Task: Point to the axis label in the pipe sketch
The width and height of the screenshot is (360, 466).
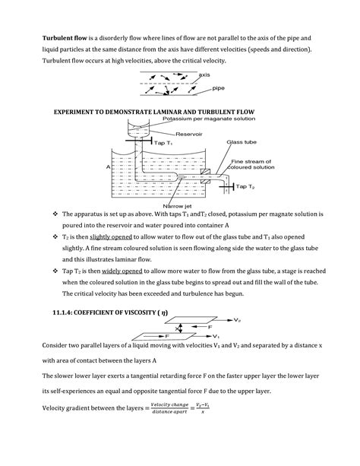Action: (x=204, y=75)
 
